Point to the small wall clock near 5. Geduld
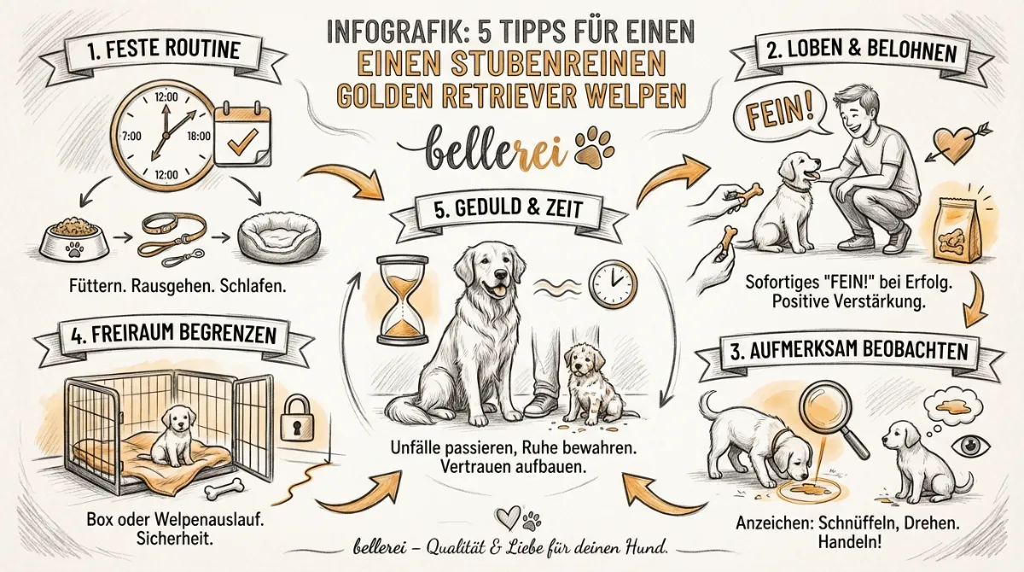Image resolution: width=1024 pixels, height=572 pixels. point(613,283)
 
